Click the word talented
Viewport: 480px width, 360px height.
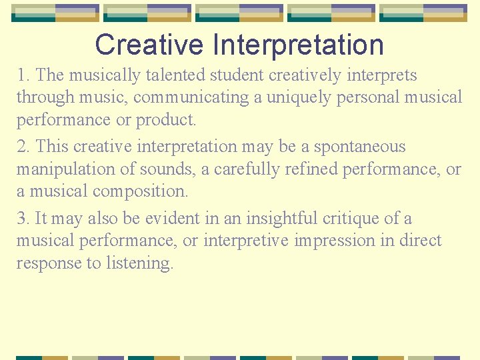click(x=183, y=75)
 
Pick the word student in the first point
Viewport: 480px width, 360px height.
click(x=250, y=75)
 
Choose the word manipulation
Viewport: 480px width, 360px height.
click(x=66, y=169)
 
